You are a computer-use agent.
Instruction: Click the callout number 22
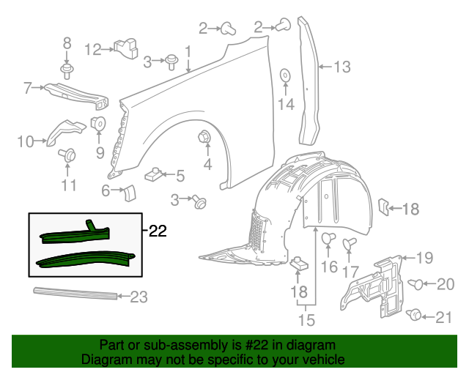click(x=158, y=231)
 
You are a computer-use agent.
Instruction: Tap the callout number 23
click(x=139, y=297)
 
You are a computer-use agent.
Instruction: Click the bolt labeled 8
click(x=67, y=71)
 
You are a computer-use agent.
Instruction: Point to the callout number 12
click(x=93, y=50)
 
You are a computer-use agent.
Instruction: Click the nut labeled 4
click(x=204, y=136)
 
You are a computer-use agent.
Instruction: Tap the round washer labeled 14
click(x=284, y=75)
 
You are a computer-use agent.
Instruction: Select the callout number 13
click(x=342, y=67)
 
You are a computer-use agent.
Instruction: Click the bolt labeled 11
click(x=70, y=155)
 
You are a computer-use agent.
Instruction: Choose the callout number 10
click(x=26, y=141)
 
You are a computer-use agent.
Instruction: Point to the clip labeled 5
click(x=154, y=174)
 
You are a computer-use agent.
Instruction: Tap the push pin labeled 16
click(x=329, y=238)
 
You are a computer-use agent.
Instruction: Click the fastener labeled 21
click(x=416, y=315)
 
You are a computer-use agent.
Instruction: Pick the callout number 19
click(x=425, y=257)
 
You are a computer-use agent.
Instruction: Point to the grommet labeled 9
click(x=98, y=123)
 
